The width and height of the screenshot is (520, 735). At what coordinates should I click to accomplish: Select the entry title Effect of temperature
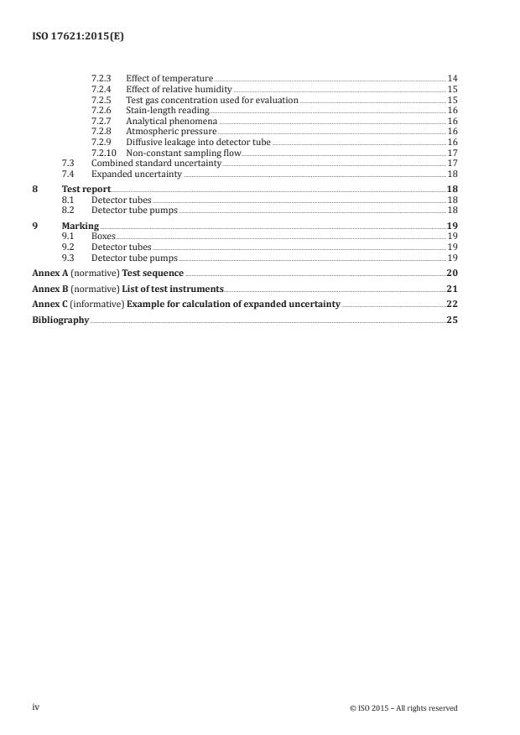169,78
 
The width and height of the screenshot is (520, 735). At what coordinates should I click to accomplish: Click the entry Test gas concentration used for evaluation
211,100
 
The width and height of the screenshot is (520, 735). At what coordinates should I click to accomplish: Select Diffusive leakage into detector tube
198,142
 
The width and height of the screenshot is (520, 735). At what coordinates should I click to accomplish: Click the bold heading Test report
86,190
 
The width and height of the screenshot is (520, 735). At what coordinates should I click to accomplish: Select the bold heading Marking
81,227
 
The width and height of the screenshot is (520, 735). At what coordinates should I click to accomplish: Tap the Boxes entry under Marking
103,237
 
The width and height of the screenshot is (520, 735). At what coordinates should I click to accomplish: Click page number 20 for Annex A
452,274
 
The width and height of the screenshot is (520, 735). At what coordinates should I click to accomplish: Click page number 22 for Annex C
452,305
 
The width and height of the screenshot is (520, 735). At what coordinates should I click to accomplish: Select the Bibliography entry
60,321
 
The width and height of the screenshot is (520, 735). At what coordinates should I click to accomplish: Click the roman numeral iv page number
36,707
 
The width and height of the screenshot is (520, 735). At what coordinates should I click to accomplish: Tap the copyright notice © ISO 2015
403,708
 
